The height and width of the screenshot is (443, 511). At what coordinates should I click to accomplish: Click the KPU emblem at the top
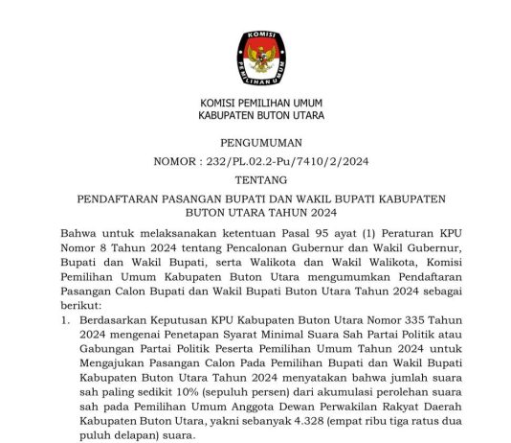point(260,58)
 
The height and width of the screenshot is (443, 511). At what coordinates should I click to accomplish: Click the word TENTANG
point(259,179)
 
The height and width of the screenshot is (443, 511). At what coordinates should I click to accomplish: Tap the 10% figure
point(183,388)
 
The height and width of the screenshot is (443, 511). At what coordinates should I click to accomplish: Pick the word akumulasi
point(343,388)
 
